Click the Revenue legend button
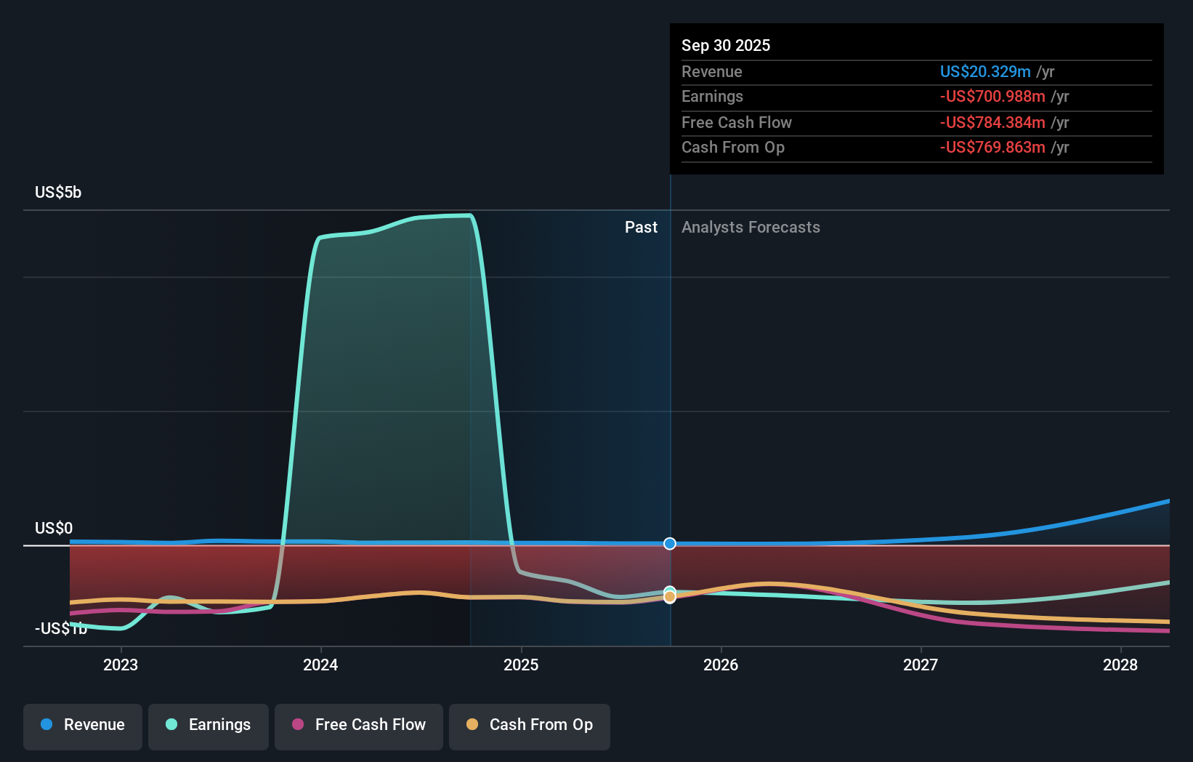click(83, 726)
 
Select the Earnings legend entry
click(209, 726)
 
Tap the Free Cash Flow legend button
click(359, 726)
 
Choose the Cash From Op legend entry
click(530, 726)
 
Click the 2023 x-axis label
click(121, 665)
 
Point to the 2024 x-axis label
click(320, 665)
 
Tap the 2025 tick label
click(521, 665)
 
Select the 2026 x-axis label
click(721, 665)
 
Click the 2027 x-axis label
click(921, 665)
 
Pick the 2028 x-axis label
click(1120, 665)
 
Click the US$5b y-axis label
click(58, 193)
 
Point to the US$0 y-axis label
click(54, 529)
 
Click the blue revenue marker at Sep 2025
click(670, 544)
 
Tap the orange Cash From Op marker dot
click(670, 598)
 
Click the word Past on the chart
click(641, 228)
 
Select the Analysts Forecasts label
click(751, 228)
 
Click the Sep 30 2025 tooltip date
click(726, 45)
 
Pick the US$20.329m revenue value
click(985, 71)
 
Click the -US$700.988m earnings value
click(992, 97)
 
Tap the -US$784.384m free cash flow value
click(992, 122)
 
